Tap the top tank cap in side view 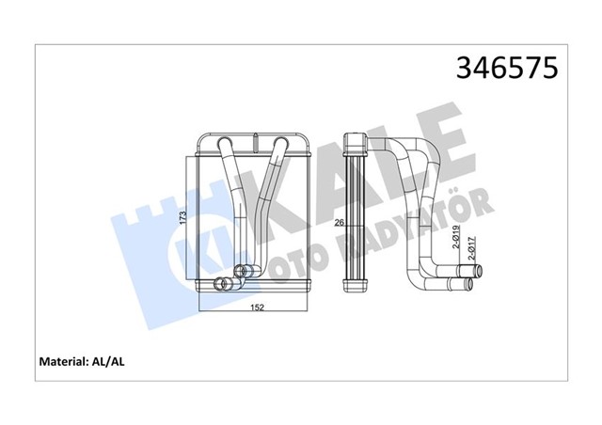[x=357, y=143]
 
